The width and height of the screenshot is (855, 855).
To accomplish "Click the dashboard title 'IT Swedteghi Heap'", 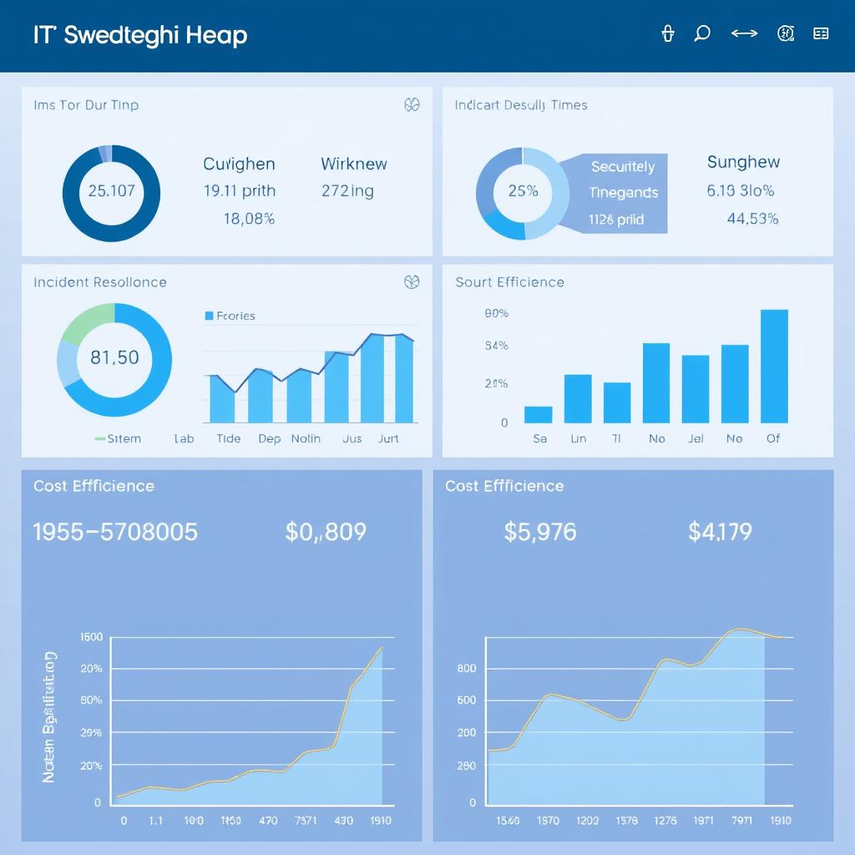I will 139,35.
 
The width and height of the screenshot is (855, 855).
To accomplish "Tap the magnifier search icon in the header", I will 702,33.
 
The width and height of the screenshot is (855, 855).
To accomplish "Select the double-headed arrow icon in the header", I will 744,33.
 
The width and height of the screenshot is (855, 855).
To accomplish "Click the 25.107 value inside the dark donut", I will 111,190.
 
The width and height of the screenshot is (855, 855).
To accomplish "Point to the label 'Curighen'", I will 239,164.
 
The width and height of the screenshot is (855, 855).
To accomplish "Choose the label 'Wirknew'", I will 354,164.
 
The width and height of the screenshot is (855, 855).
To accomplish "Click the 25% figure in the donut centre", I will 523,190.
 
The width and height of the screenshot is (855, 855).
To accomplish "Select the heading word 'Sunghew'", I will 743,162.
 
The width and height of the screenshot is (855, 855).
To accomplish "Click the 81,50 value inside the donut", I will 114,357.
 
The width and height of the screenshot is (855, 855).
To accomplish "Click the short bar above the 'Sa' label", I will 539,414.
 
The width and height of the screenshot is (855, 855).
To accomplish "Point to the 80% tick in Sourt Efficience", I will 496,314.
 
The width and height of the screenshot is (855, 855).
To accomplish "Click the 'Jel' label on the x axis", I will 696,438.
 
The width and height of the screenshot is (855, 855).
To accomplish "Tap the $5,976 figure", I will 540,532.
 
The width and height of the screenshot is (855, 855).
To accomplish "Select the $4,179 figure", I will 720,532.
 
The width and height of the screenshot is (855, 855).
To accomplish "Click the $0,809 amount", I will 326,532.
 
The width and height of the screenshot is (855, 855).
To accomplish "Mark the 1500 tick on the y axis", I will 91,637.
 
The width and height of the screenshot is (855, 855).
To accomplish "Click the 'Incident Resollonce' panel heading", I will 100,282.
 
